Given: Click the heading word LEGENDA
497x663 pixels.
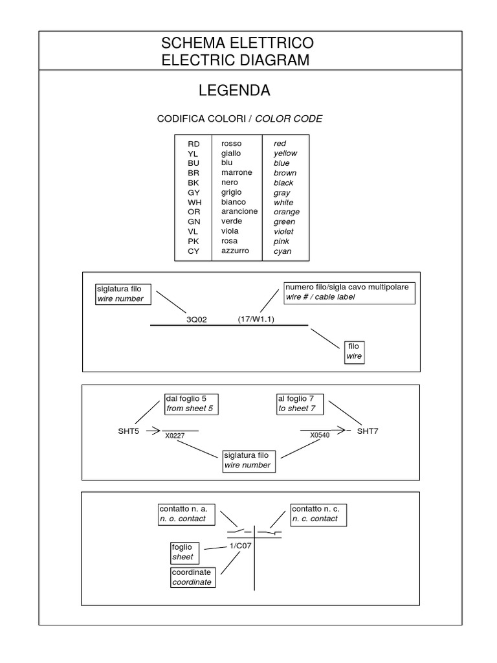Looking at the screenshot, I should point(234,91).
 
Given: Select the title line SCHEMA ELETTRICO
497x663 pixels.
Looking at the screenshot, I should point(237,44).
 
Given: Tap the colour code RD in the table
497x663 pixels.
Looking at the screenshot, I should point(193,144).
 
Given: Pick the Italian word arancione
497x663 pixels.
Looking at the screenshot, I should point(239,212).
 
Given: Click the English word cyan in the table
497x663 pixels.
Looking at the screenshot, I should point(282,251).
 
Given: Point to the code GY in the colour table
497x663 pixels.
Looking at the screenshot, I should point(193,193).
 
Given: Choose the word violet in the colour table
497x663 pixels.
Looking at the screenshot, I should point(283,232).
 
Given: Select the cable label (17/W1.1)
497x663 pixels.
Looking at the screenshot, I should point(256,319).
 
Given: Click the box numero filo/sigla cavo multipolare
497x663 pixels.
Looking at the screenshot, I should point(349,292).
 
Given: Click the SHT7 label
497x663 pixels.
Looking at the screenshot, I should point(368,431).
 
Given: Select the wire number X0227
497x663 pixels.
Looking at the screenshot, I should point(175,436).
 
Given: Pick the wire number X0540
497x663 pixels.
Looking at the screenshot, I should point(320,435).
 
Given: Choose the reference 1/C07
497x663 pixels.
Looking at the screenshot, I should point(240,546).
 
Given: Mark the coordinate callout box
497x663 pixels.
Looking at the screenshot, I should point(192,578).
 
